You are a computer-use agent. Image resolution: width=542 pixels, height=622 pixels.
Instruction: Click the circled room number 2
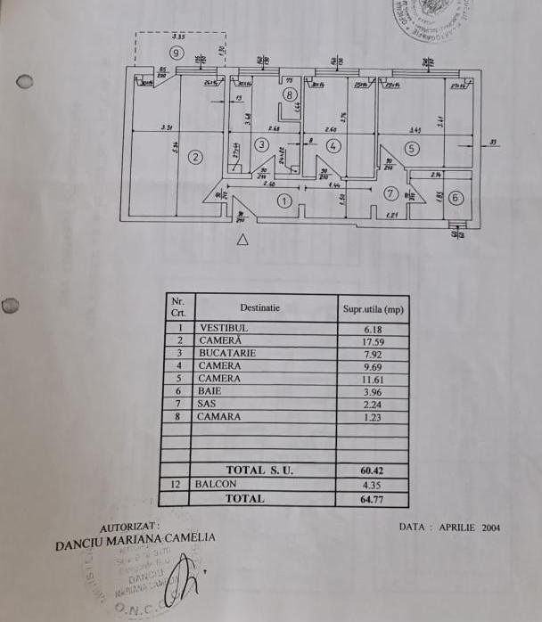pyautogui.click(x=197, y=157)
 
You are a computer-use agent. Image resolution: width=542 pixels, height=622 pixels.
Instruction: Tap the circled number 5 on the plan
pyautogui.click(x=411, y=149)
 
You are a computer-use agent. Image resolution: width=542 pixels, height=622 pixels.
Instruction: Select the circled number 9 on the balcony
pyautogui.click(x=177, y=53)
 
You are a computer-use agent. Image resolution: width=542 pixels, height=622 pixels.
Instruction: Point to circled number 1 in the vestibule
pyautogui.click(x=283, y=201)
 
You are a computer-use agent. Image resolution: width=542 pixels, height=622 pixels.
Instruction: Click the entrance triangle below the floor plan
pyautogui.click(x=242, y=239)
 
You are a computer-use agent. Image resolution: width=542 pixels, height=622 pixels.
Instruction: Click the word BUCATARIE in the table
pyautogui.click(x=227, y=353)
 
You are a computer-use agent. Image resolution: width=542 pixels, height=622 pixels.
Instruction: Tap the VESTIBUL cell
pyautogui.click(x=224, y=328)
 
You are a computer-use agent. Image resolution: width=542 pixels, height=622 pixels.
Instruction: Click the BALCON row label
pyautogui.click(x=218, y=484)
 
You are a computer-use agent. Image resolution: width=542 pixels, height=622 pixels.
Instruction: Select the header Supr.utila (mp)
pyautogui.click(x=372, y=309)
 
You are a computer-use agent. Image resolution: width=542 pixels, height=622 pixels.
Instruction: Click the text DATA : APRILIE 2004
pyautogui.click(x=450, y=528)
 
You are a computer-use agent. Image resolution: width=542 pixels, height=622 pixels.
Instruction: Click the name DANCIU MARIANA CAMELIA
pyautogui.click(x=135, y=540)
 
